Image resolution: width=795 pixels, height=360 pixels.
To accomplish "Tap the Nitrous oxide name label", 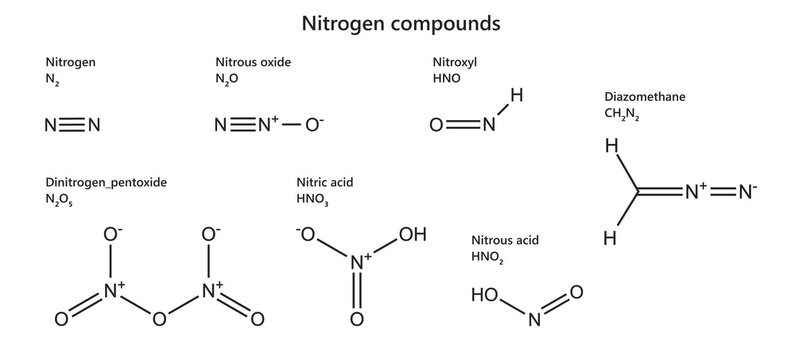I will pyautogui.click(x=253, y=62).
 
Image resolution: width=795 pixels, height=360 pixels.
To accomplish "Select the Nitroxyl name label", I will pyautogui.click(x=454, y=62).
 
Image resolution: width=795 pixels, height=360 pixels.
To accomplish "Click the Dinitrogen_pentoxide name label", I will pyautogui.click(x=106, y=183).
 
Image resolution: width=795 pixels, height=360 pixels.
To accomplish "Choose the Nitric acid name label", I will pyautogui.click(x=325, y=183).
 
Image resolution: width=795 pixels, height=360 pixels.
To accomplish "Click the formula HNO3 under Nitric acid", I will pyautogui.click(x=312, y=200).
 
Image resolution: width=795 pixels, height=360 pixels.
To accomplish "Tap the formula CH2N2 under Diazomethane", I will pyautogui.click(x=621, y=115).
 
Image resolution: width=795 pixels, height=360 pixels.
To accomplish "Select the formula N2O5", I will pyautogui.click(x=59, y=201).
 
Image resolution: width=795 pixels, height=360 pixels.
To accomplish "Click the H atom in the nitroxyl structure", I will pyautogui.click(x=517, y=96).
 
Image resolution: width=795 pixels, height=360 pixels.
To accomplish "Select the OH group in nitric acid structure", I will pyautogui.click(x=412, y=236).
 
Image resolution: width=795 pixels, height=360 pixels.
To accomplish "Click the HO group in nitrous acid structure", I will pyautogui.click(x=484, y=295).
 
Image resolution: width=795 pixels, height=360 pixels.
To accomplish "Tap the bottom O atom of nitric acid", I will pyautogui.click(x=356, y=319).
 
